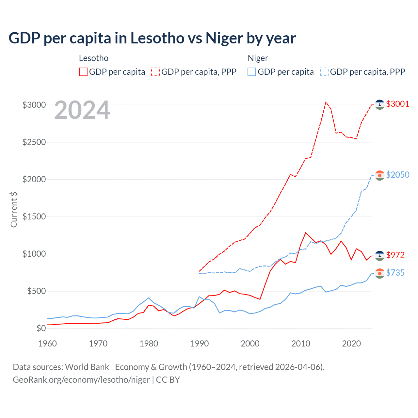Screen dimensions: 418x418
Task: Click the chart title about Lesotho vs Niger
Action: pyautogui.click(x=152, y=38)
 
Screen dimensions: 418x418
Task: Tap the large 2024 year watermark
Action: pyautogui.click(x=82, y=110)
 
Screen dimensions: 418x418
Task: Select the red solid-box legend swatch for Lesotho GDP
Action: pyautogui.click(x=83, y=72)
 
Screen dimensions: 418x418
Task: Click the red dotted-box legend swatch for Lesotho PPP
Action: pyautogui.click(x=155, y=72)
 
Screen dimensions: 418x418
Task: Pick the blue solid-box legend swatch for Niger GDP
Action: pyautogui.click(x=252, y=72)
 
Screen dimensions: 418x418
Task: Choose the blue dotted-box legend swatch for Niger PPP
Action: pyautogui.click(x=324, y=72)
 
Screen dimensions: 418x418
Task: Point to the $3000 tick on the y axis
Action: pyautogui.click(x=34, y=105)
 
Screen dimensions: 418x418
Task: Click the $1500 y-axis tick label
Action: pyautogui.click(x=34, y=217)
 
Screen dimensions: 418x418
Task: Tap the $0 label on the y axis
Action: pyautogui.click(x=41, y=328)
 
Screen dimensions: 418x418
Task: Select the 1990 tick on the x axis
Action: pyautogui.click(x=200, y=344)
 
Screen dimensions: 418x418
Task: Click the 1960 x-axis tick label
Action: pyautogui.click(x=48, y=344)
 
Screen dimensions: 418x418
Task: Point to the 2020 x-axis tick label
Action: pyautogui.click(x=351, y=344)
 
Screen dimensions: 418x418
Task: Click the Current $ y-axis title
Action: pyautogui.click(x=14, y=210)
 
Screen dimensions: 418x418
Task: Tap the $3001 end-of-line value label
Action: pyautogui.click(x=397, y=104)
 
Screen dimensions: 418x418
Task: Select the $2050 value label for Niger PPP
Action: pyautogui.click(x=397, y=175)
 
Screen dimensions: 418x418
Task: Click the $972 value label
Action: pyautogui.click(x=395, y=255)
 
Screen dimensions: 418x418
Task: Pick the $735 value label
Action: pyautogui.click(x=395, y=273)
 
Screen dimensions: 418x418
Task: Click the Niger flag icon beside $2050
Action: pyautogui.click(x=379, y=175)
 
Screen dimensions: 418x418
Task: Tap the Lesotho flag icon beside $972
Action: pyautogui.click(x=379, y=256)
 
